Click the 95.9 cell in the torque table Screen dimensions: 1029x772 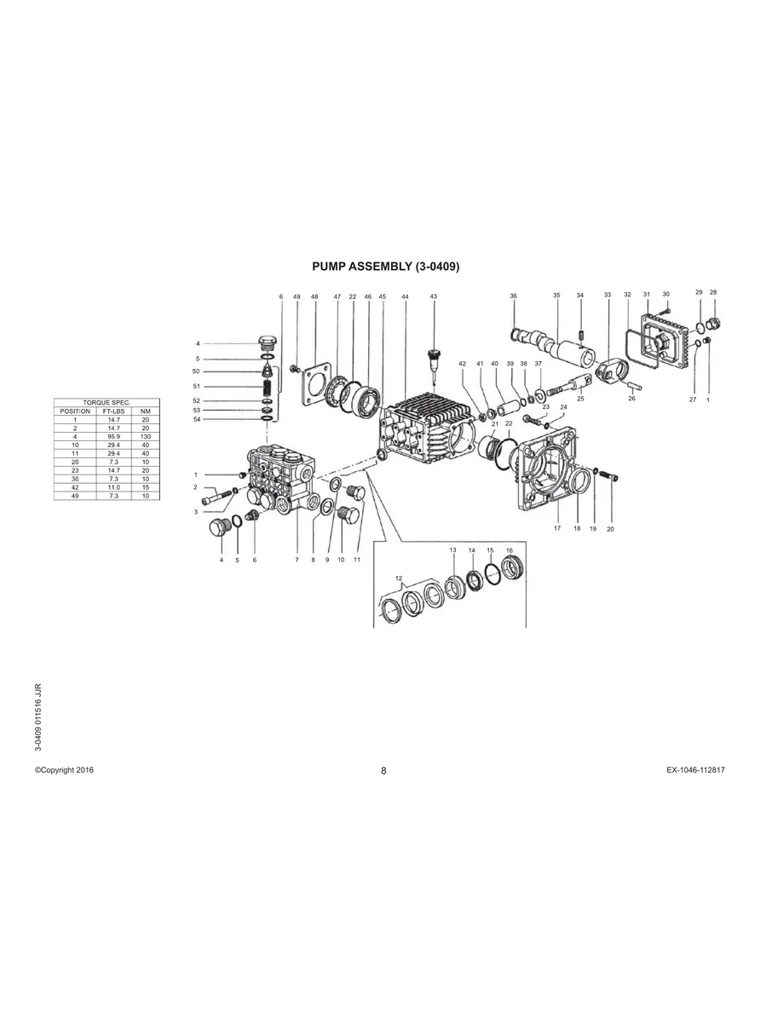112,436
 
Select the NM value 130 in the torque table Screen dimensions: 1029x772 145,436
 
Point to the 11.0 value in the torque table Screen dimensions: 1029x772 112,486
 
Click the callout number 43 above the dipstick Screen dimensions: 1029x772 433,296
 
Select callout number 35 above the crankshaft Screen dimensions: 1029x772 556,296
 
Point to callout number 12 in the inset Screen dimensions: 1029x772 399,578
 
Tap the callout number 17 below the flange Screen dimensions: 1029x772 556,529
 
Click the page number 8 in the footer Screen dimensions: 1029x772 383,771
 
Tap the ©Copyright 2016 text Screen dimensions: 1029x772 64,770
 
